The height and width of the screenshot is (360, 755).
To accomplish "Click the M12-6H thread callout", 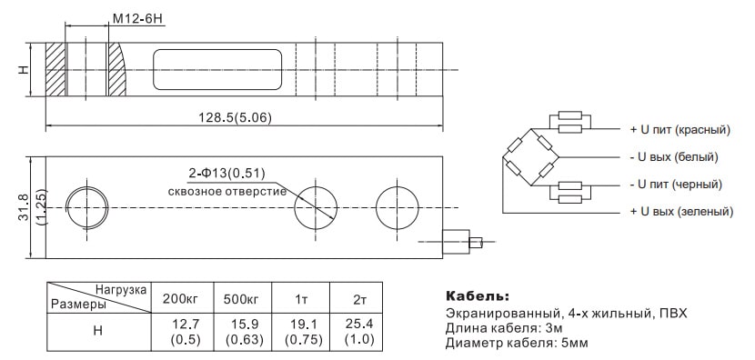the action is coord(138,19).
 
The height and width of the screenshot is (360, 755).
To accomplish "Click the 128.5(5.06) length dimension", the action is coord(235,117).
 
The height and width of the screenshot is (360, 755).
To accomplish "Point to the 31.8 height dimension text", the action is coord(23,207).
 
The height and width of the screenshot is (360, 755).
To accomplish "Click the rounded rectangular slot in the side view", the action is coord(217,69).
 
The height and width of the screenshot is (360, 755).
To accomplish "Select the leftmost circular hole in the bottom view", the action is coord(87,207).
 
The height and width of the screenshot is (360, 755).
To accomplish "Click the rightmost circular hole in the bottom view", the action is coord(397,207).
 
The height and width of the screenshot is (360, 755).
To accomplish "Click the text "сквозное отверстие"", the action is coord(227,191).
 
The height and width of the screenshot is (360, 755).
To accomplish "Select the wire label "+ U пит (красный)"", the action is coord(680,130).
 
